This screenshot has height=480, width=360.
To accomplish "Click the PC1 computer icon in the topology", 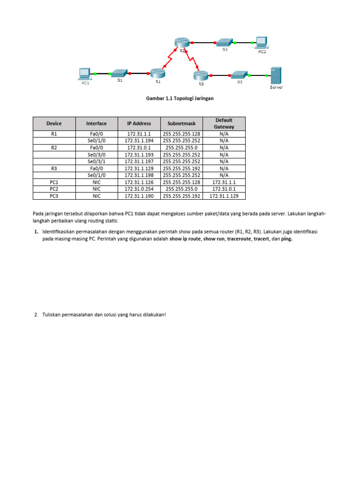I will click(x=84, y=73).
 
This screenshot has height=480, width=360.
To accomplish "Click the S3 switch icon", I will click(x=239, y=75).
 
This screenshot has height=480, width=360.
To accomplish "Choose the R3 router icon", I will click(x=201, y=75).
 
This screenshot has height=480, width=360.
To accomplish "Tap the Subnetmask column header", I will click(x=181, y=124).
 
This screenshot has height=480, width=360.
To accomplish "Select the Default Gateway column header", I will click(x=224, y=124).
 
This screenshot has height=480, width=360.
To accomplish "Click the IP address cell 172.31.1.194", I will click(x=139, y=140).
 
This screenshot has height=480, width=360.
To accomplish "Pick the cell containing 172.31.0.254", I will click(x=139, y=189).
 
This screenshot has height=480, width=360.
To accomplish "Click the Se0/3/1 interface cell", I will click(x=96, y=161).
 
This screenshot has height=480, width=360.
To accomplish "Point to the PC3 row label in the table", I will click(x=54, y=196).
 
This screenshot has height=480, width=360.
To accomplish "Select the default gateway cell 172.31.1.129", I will click(x=224, y=196).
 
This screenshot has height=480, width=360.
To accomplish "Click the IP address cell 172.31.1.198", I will click(x=139, y=175).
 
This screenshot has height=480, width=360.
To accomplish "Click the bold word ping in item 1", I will click(x=286, y=239).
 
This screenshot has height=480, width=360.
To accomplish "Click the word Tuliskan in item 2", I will click(x=52, y=315).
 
